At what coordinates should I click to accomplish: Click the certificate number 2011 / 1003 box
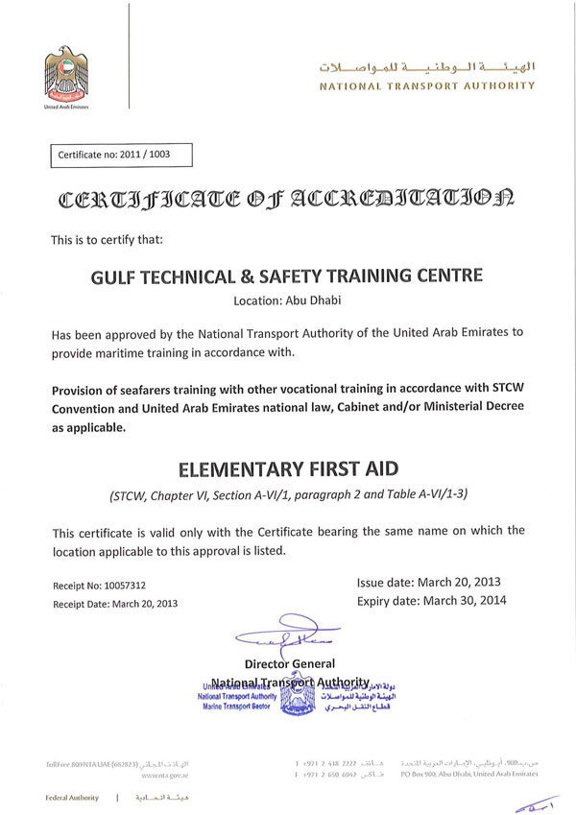tap(121, 155)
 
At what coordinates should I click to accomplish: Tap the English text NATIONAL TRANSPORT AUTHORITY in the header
tap(427, 86)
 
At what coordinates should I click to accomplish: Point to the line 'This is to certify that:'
tap(108, 240)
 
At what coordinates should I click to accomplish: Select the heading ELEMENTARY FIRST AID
tap(287, 471)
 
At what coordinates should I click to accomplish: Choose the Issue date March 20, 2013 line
tap(428, 582)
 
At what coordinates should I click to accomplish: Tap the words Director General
tap(290, 663)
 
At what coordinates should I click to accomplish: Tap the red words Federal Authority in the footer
tap(72, 798)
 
